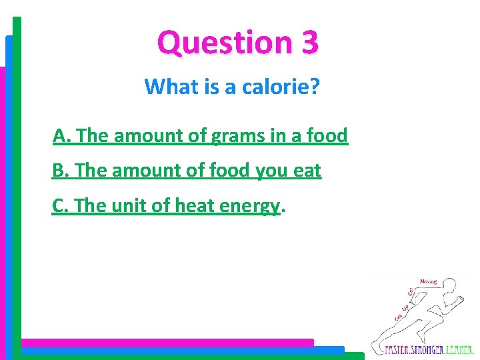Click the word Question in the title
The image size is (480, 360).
[x=218, y=43]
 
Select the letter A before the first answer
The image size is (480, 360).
[x=60, y=137]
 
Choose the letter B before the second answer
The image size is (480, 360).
[x=59, y=171]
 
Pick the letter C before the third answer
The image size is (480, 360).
[x=59, y=207]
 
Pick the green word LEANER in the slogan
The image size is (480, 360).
[x=461, y=349]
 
